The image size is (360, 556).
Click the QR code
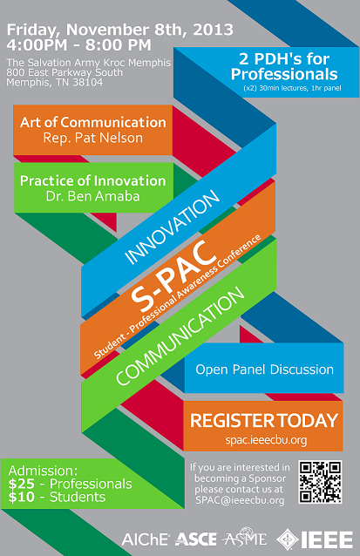coord(320,482)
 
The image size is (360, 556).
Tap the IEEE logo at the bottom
coord(315,539)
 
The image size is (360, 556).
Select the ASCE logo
coord(196,539)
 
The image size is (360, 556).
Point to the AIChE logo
coord(146,539)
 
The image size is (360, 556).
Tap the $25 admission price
coord(21,484)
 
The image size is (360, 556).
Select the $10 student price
coord(21,497)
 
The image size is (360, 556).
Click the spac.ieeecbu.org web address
coord(266,440)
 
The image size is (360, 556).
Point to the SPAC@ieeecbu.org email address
coord(240,500)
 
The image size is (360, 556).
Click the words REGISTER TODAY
coord(264,421)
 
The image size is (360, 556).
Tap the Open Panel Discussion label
coord(265,370)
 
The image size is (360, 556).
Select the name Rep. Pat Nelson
coord(93,138)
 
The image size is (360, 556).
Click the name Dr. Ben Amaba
coord(93,196)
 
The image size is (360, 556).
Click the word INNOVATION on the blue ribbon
coord(173,227)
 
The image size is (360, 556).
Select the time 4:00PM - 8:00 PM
coord(78,45)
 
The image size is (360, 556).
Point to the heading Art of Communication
coord(93,122)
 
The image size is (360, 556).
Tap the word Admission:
coord(43,471)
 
